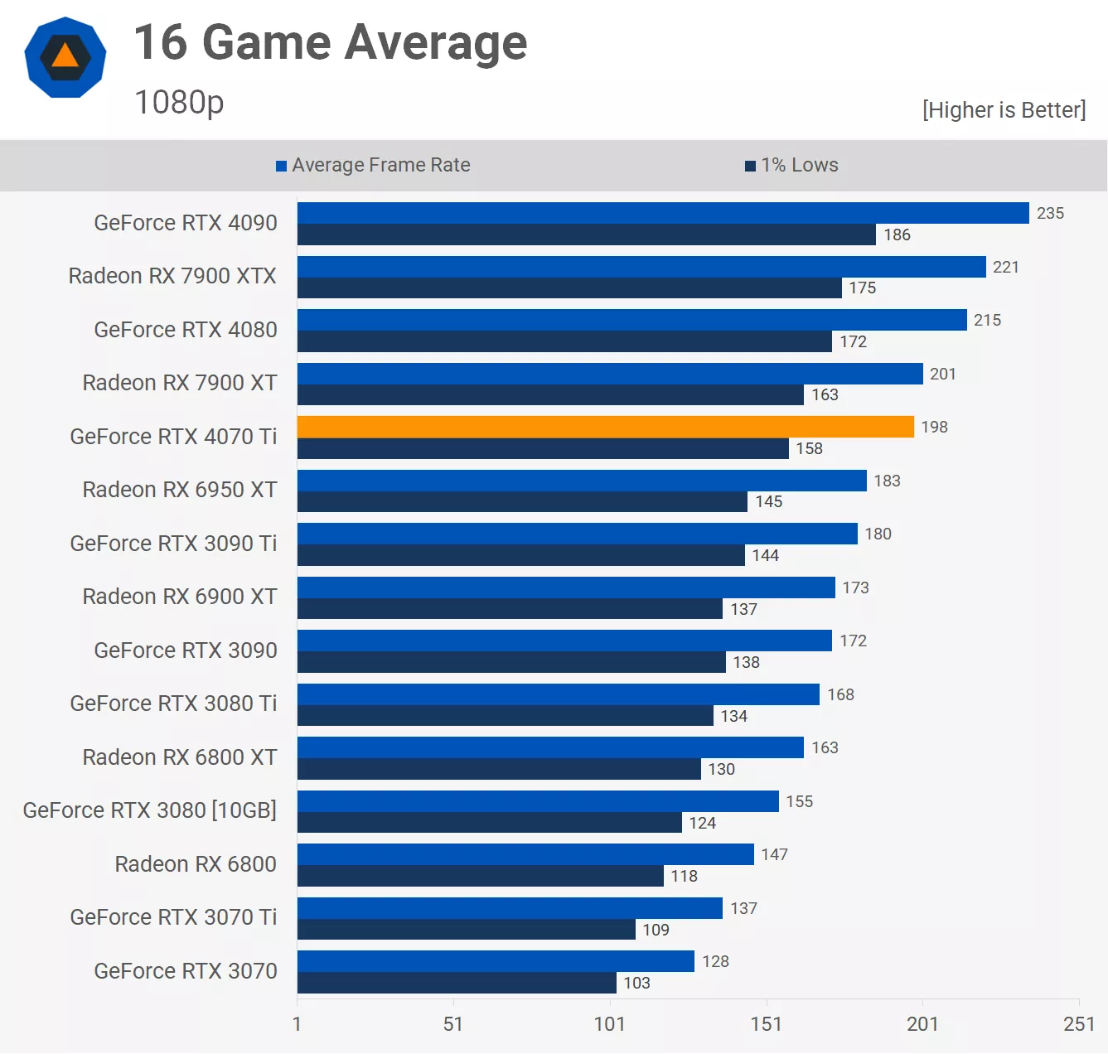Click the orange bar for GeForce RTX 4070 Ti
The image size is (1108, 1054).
(605, 427)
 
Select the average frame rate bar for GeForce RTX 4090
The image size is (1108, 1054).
(663, 213)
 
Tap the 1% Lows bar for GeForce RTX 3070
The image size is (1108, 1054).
(457, 983)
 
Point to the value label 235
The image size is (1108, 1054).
(1050, 213)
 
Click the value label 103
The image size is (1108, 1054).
(636, 983)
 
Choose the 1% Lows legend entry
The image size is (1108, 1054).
(792, 165)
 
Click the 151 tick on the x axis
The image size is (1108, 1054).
(766, 1024)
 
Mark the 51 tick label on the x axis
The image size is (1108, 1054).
(452, 1024)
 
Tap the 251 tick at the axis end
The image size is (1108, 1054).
(1078, 1024)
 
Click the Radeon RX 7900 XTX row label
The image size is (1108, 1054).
(172, 276)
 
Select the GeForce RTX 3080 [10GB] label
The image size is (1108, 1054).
(150, 810)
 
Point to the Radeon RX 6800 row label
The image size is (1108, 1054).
(196, 864)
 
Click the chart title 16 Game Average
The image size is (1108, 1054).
(331, 43)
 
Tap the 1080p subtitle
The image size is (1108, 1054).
(179, 103)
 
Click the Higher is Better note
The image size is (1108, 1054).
(1004, 110)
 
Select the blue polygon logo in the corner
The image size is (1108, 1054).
(65, 57)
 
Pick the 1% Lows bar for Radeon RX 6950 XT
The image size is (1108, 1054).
(522, 501)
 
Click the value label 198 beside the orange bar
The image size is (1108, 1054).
(934, 427)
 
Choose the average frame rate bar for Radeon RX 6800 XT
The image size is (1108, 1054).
(550, 747)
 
